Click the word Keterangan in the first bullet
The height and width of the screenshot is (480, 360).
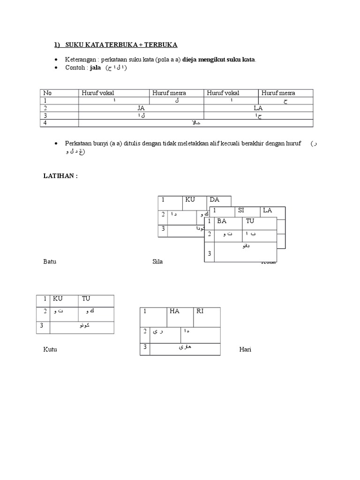(81, 60)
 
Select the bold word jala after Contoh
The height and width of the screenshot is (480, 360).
(96, 67)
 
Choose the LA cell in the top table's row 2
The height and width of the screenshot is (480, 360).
(258, 108)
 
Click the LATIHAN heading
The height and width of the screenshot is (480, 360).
(60, 175)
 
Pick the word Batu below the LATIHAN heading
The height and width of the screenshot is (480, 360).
(50, 262)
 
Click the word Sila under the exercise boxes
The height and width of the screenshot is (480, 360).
(157, 262)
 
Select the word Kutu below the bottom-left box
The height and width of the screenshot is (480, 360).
(50, 350)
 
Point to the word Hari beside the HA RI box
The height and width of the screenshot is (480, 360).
(245, 350)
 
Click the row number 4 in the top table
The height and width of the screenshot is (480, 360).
(45, 123)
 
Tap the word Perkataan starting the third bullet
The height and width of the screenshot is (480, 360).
(83, 143)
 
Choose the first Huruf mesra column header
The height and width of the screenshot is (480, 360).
(169, 93)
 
